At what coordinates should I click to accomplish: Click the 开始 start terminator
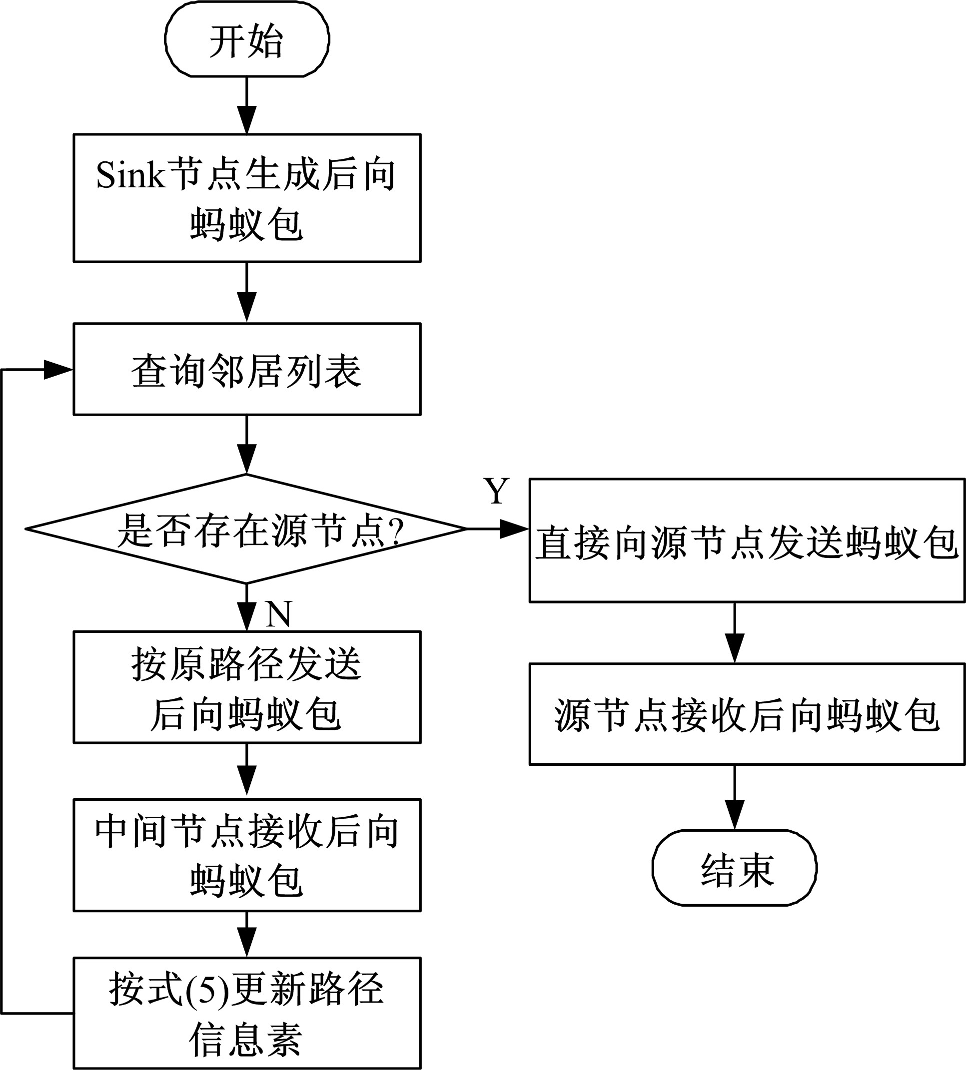tap(247, 40)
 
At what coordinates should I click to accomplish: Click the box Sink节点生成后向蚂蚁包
tap(247, 198)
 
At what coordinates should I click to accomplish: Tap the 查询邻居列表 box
tap(247, 369)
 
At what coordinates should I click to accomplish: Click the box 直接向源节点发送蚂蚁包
tap(747, 540)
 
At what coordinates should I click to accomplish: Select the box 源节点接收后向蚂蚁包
tap(747, 714)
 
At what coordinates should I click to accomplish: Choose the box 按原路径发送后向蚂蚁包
tap(247, 687)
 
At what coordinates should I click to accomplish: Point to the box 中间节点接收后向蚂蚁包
tap(247, 855)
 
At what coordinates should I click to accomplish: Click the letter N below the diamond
tap(278, 614)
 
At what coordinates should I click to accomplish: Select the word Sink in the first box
tap(130, 175)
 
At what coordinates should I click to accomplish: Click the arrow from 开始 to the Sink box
tap(247, 105)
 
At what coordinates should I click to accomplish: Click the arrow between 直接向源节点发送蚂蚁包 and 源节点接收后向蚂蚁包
tap(735, 633)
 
